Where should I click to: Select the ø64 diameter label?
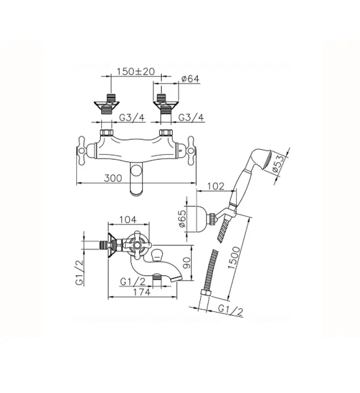pos(189,78)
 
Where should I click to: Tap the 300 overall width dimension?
pos(114,179)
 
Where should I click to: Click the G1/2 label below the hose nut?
pos(230,310)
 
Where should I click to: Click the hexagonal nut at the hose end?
pos(205,293)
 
